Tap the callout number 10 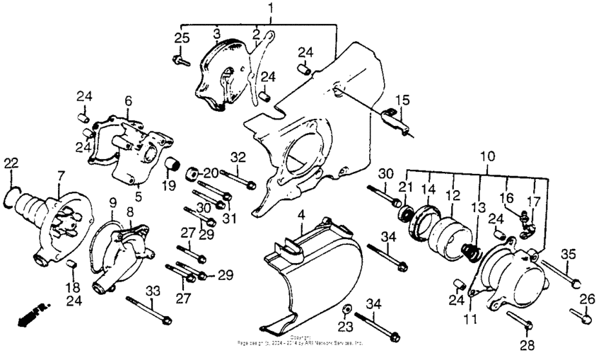(487, 154)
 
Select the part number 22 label (10, 163)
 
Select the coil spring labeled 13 (467, 249)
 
